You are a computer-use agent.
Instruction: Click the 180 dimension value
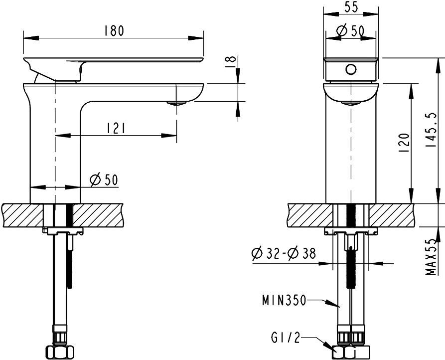click(x=114, y=31)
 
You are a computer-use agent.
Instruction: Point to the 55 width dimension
click(x=350, y=7)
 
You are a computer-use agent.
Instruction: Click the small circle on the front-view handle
click(x=350, y=69)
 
